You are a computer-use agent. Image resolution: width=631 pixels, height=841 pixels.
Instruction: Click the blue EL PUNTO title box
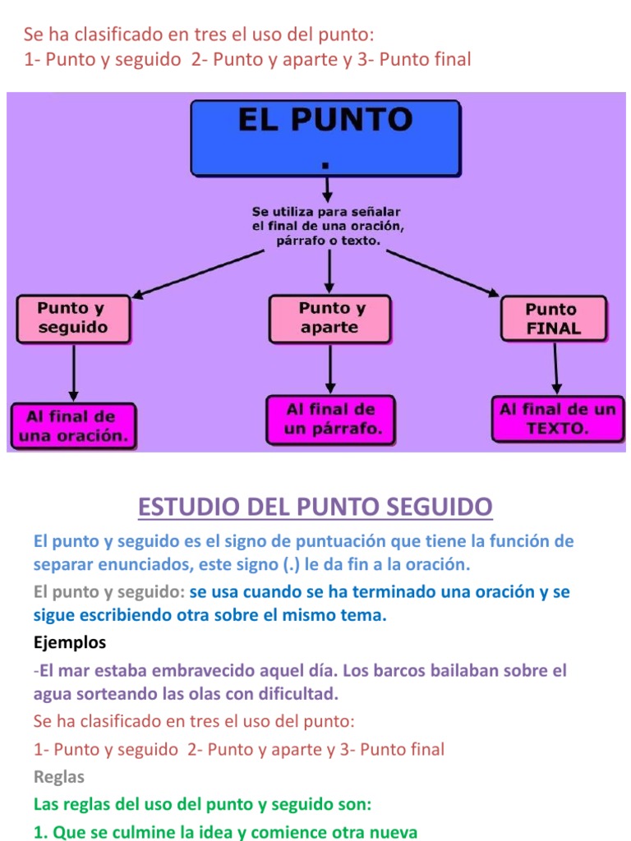325,138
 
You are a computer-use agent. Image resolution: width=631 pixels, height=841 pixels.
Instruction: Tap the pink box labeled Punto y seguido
73,319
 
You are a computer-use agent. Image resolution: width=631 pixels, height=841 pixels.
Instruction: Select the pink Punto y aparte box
330,319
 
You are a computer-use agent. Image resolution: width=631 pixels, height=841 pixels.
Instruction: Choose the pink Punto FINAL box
554,319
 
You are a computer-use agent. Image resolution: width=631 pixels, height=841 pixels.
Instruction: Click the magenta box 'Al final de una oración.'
73,426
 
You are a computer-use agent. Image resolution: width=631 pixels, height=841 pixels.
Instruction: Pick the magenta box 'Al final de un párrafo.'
330,420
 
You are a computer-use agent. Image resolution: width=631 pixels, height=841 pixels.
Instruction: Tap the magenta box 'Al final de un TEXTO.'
558,419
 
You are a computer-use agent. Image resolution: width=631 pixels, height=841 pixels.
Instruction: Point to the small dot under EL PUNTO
325,166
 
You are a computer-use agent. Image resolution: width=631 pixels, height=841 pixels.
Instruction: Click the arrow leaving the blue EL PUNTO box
327,190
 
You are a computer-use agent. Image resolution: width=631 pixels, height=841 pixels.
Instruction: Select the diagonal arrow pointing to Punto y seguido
198,273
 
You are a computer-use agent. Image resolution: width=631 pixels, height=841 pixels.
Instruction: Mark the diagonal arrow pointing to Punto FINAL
443,273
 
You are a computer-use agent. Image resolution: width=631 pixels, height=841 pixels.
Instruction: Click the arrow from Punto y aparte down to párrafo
330,369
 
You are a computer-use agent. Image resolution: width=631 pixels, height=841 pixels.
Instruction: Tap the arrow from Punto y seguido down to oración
73,373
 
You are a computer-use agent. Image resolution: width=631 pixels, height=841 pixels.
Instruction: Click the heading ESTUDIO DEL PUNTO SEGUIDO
315,507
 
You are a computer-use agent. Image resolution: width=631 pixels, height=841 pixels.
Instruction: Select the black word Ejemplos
70,642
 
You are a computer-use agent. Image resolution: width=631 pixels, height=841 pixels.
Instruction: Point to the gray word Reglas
59,777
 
